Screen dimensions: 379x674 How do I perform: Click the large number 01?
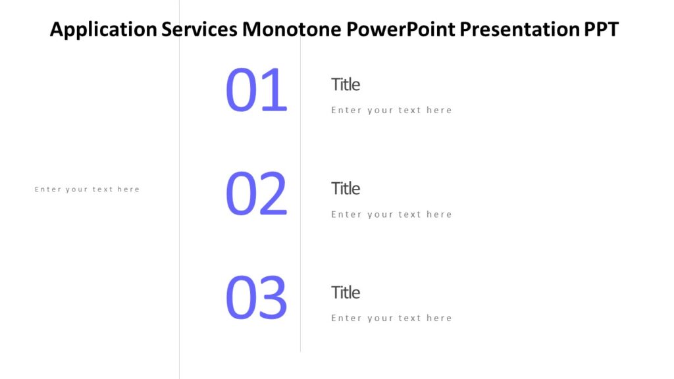click(256, 91)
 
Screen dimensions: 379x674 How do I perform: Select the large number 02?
click(256, 195)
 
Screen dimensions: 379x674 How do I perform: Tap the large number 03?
click(256, 299)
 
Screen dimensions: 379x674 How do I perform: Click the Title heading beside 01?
click(346, 84)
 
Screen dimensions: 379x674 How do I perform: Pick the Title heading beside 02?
click(346, 188)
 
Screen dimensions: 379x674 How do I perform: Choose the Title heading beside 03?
click(346, 292)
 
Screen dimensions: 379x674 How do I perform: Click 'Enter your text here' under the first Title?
click(391, 111)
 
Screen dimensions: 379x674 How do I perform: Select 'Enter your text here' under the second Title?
click(391, 215)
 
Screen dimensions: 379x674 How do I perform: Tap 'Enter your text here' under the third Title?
click(391, 318)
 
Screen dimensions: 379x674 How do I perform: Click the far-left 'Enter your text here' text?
click(87, 189)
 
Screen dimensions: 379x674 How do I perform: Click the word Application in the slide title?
click(103, 30)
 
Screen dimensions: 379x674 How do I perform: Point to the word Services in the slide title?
click(200, 30)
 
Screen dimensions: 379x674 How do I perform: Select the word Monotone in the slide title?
click(292, 30)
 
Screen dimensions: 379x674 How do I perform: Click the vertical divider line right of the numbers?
click(300, 197)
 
